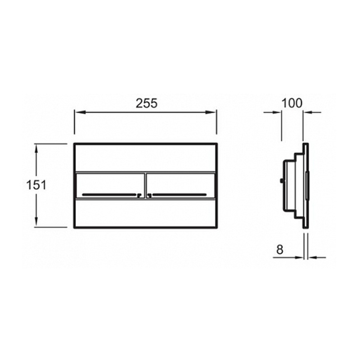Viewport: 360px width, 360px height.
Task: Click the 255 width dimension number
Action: point(147,103)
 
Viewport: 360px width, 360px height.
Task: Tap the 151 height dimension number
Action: point(36,185)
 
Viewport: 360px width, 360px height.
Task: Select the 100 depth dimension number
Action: point(292,103)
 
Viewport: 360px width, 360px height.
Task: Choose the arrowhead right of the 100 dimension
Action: point(307,113)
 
